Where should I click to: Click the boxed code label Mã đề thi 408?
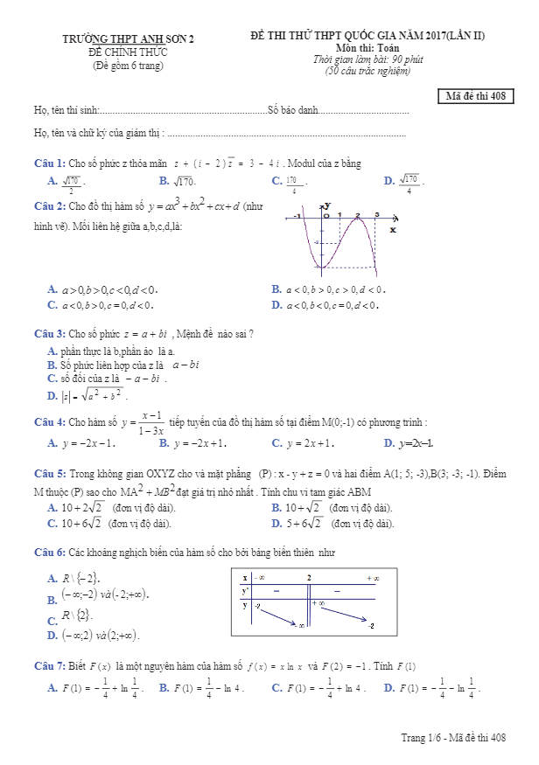coord(475,97)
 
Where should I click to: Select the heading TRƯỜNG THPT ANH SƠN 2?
coord(129,39)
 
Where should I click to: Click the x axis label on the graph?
coord(392,230)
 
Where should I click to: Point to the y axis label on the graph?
coord(326,205)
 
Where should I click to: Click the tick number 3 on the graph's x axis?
coord(376,215)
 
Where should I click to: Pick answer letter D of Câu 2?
coord(276,305)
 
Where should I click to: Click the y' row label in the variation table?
coord(246,591)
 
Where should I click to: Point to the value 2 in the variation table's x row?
coord(309,578)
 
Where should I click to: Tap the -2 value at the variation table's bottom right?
coord(372,626)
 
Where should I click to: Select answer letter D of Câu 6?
coord(52,635)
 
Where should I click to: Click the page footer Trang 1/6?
coord(418,739)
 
